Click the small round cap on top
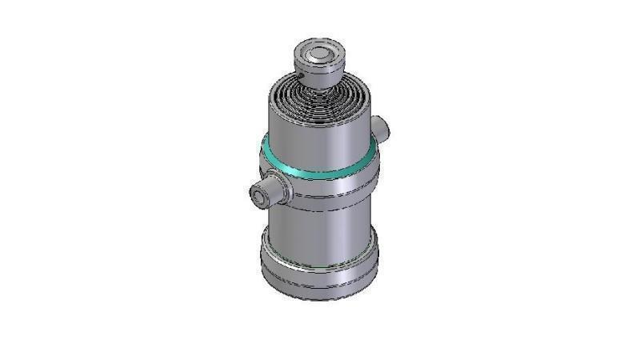[x=319, y=59]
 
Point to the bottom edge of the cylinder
[x=319, y=298]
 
